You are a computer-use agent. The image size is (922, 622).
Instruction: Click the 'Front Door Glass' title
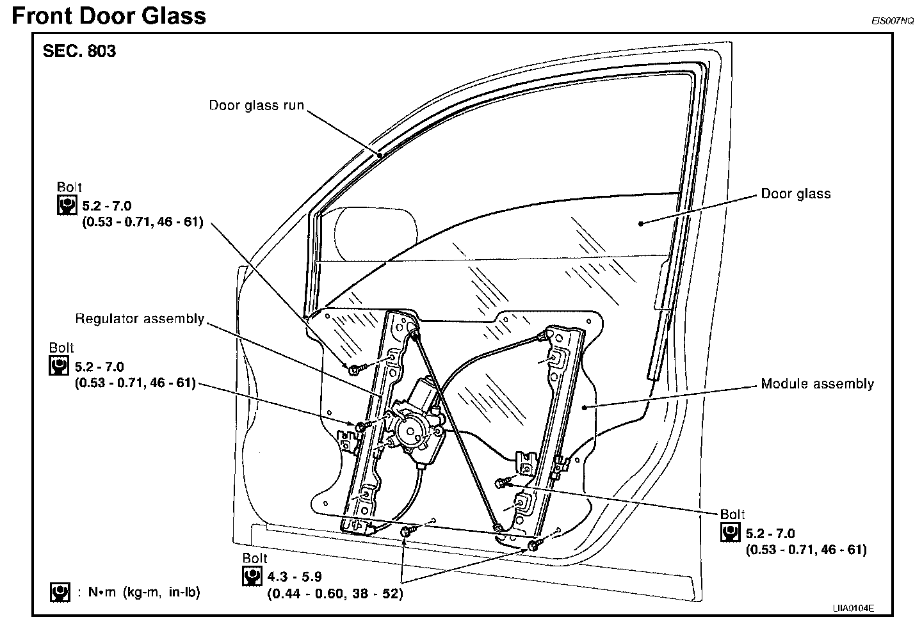click(109, 15)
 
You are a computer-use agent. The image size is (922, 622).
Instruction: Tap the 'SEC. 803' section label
click(79, 51)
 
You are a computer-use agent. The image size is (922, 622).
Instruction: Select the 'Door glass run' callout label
click(257, 105)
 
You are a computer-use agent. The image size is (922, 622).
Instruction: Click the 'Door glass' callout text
click(795, 193)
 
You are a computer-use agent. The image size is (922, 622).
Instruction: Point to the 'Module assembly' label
click(817, 384)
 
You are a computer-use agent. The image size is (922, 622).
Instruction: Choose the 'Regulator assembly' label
click(140, 318)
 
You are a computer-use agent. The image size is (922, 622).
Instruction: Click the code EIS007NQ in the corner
click(892, 20)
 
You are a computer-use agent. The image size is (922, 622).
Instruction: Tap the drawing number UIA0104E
click(853, 608)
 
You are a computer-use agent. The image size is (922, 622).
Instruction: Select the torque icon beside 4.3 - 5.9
click(252, 577)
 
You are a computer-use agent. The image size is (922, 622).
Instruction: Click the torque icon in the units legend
click(60, 593)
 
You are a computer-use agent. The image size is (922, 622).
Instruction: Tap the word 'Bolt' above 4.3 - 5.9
click(255, 559)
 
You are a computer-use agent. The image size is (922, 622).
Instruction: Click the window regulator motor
click(416, 426)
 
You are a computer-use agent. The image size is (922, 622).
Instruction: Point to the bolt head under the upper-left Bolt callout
click(353, 369)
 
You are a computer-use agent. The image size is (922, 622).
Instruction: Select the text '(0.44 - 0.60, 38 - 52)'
click(335, 594)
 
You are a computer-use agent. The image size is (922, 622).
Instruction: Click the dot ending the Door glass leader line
click(640, 223)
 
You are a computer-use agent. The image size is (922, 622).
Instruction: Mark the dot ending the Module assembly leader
click(584, 406)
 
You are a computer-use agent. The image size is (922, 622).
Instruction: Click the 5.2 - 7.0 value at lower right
click(770, 532)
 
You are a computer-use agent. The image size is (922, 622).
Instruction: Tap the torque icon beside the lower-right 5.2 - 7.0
click(731, 532)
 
